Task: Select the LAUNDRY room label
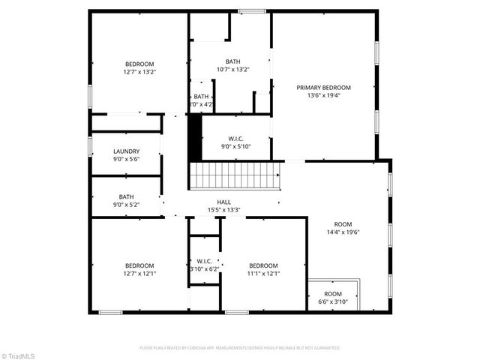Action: coord(126,151)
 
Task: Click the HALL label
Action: coord(223,202)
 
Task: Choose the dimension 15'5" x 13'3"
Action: coord(223,210)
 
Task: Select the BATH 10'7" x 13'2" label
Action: coord(232,61)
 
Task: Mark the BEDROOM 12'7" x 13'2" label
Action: coord(139,64)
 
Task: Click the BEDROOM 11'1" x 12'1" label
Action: coord(263,265)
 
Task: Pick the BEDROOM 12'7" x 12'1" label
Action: coord(139,265)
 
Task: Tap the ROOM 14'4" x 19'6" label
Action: coord(343,224)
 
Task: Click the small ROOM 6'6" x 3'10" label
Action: coord(333,293)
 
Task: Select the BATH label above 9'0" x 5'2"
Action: coord(126,196)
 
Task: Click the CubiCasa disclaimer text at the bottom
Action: coord(240,348)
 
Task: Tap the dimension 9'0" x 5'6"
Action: coord(126,160)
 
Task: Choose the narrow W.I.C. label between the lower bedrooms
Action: coord(203,260)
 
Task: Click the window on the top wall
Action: coord(253,10)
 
